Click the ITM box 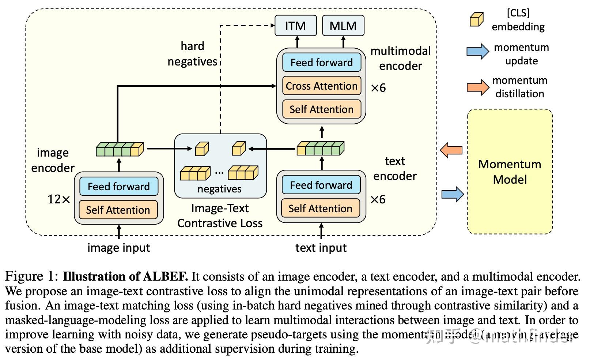click(295, 26)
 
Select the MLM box click(343, 26)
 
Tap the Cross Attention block click(321, 86)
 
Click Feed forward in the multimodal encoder click(321, 63)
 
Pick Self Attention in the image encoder click(118, 210)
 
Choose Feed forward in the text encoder click(321, 185)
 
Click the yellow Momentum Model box click(510, 172)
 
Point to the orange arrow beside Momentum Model click(451, 150)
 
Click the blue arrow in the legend click(477, 52)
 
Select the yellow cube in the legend click(476, 20)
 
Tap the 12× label click(58, 199)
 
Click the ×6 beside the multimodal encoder click(378, 88)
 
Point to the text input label click(321, 248)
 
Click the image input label click(118, 248)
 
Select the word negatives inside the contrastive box click(219, 189)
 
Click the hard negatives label click(192, 54)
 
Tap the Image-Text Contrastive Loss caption click(220, 215)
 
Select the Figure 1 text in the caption click(31, 277)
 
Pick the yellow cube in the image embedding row click(136, 150)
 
